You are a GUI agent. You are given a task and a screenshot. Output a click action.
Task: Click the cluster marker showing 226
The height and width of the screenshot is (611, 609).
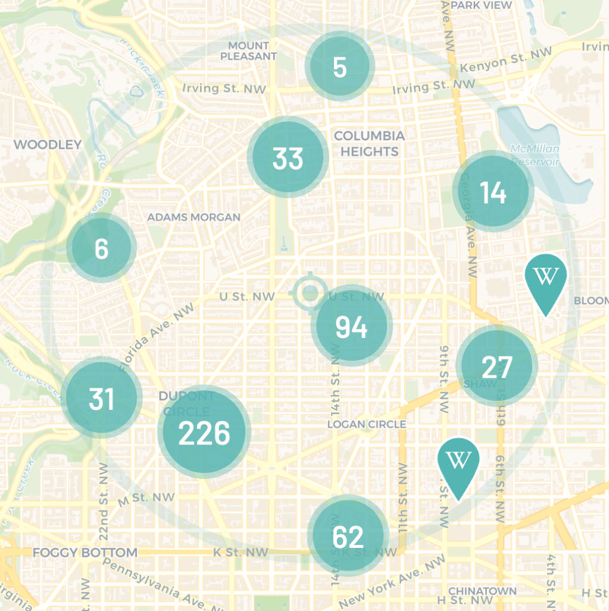pyautogui.click(x=204, y=433)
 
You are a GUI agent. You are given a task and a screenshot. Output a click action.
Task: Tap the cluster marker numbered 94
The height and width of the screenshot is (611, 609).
pyautogui.click(x=352, y=327)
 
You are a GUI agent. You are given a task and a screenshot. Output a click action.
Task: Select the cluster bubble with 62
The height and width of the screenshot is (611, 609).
pyautogui.click(x=348, y=537)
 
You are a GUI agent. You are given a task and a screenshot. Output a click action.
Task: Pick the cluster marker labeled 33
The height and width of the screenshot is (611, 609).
pyautogui.click(x=288, y=158)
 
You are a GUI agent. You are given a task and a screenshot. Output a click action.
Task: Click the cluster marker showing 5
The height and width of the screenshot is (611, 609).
pyautogui.click(x=340, y=67)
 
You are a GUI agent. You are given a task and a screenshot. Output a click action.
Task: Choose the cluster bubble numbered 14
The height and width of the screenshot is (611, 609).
pyautogui.click(x=493, y=192)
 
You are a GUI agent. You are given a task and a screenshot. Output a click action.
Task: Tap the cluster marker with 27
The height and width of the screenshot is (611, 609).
pyautogui.click(x=497, y=366)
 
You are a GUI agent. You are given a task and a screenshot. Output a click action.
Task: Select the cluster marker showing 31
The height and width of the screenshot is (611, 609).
pyautogui.click(x=102, y=398)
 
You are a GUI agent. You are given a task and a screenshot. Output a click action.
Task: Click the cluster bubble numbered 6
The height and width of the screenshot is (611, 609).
pyautogui.click(x=102, y=248)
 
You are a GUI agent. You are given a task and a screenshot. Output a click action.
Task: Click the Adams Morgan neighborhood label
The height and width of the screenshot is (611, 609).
pyautogui.click(x=194, y=217)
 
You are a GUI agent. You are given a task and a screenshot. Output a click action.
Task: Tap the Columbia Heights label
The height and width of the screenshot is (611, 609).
pyautogui.click(x=369, y=143)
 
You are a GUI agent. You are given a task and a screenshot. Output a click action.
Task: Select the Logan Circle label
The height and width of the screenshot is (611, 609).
pyautogui.click(x=367, y=424)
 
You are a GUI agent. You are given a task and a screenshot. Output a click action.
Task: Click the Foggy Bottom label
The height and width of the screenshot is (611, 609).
pyautogui.click(x=85, y=552)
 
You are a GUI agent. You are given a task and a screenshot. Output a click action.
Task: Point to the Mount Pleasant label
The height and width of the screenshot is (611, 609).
pyautogui.click(x=249, y=51)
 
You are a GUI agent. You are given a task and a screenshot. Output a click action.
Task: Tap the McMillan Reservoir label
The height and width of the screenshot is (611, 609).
pyautogui.click(x=535, y=154)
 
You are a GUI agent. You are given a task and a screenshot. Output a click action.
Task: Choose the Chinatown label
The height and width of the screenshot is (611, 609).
pyautogui.click(x=482, y=591)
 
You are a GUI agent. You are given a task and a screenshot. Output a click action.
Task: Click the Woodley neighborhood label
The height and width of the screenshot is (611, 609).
pyautogui.click(x=48, y=144)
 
